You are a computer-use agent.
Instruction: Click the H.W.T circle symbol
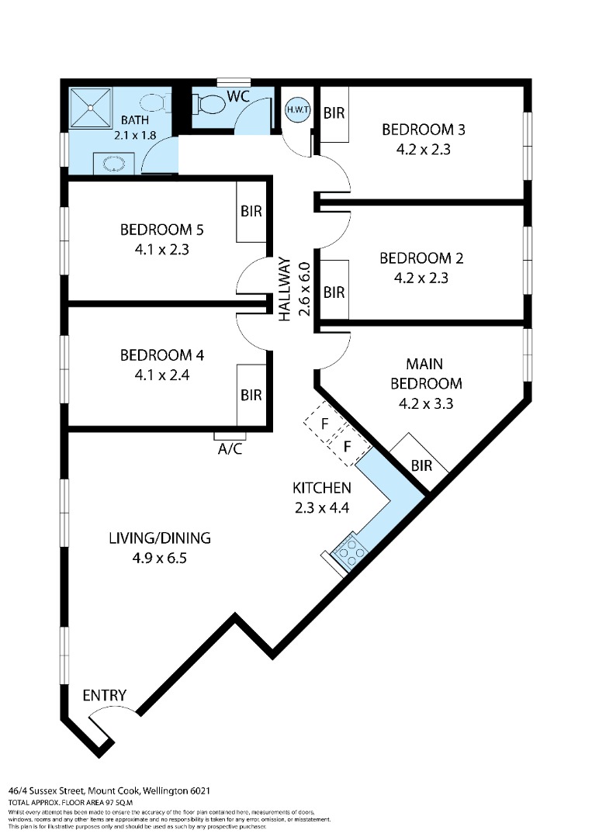[x=297, y=110]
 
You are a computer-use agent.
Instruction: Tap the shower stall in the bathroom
[x=91, y=108]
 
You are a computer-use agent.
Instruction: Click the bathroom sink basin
[x=114, y=164]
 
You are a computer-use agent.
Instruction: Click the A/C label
[x=230, y=449]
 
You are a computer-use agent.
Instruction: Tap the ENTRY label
[x=105, y=695]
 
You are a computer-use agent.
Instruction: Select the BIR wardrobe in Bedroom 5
[x=251, y=212]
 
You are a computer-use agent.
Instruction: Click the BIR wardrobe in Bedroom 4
[x=251, y=395]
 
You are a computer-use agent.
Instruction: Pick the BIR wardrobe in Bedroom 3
[x=334, y=113]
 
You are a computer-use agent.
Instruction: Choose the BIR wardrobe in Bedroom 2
[x=334, y=292]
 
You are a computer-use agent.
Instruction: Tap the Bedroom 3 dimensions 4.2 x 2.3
[x=424, y=150]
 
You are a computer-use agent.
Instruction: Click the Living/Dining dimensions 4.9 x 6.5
[x=160, y=559]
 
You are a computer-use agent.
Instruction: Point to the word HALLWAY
[x=286, y=289]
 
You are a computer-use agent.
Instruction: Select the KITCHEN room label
[x=322, y=488]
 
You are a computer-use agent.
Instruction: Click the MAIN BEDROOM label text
[x=426, y=374]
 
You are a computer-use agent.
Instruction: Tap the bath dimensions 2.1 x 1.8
[x=135, y=135]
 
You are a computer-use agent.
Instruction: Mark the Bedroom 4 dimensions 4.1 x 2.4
[x=162, y=375]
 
